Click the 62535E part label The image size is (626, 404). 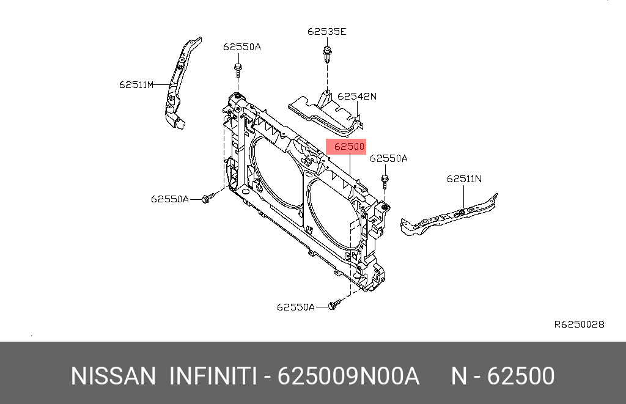326,32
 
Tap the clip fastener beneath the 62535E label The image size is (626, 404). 327,56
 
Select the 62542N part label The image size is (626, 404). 357,97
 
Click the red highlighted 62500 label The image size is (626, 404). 346,147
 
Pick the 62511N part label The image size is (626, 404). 464,179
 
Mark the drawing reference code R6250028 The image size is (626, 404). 579,325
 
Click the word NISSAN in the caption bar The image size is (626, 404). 114,376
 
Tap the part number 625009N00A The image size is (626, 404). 348,376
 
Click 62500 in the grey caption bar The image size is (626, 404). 520,376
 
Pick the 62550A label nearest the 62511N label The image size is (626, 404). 389,159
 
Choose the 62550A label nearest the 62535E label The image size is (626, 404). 241,47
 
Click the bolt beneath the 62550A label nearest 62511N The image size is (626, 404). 386,181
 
